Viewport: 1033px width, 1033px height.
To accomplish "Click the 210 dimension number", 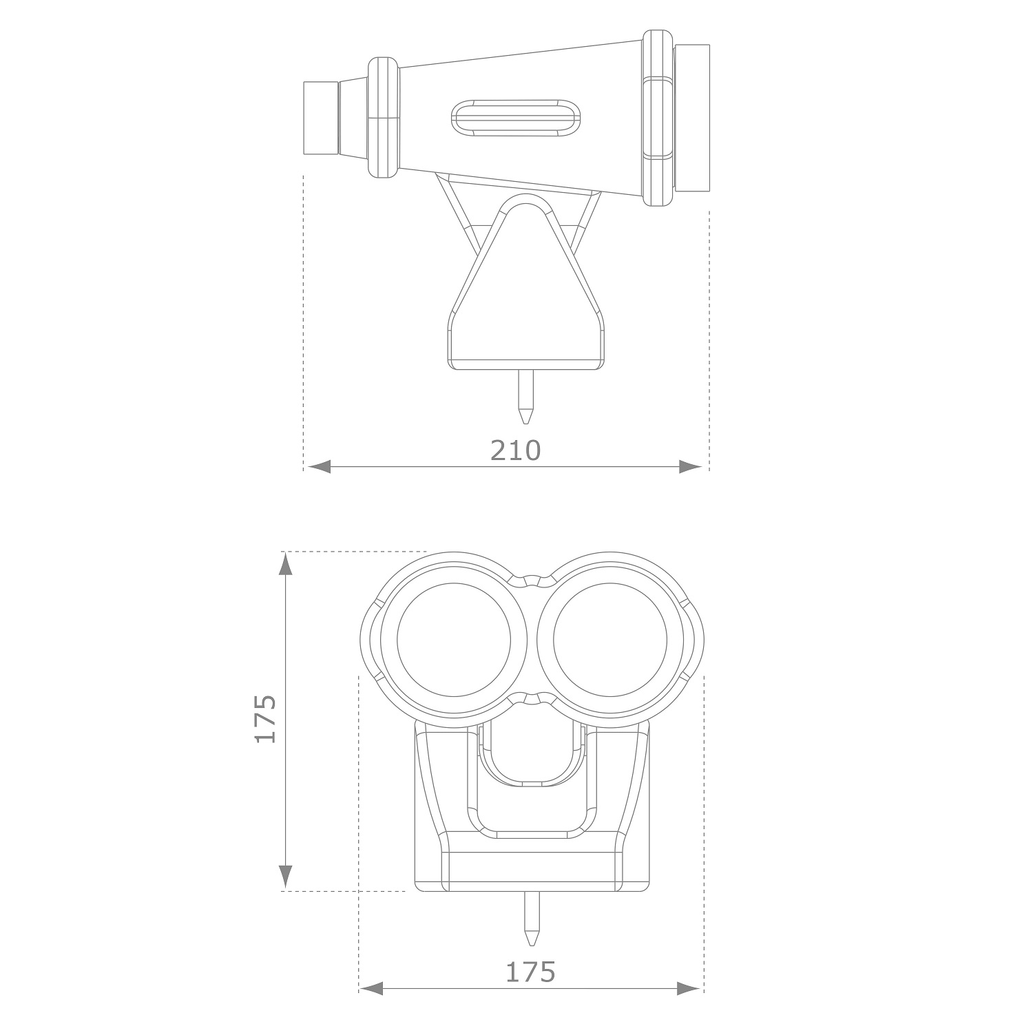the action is (516, 450).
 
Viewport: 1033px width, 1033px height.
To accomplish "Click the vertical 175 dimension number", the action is (265, 718).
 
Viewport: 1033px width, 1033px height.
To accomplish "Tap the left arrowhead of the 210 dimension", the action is (319, 468).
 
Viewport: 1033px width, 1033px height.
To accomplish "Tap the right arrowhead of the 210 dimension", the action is (691, 468).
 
